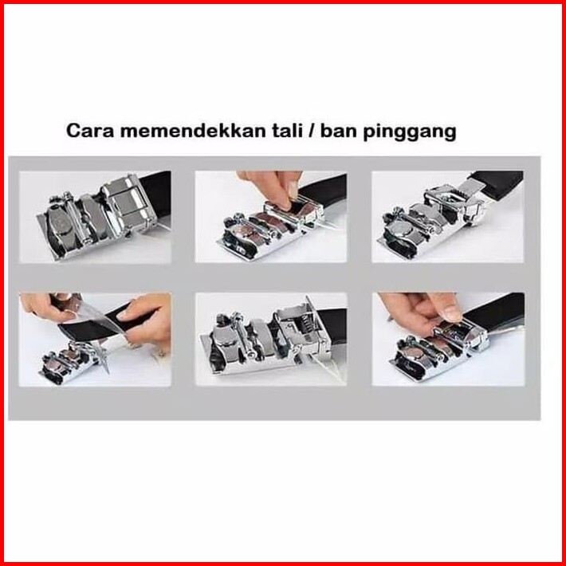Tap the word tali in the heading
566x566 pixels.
pos(287,131)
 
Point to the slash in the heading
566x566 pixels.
pos(311,131)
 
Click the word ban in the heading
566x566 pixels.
pos(339,131)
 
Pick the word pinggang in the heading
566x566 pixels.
pos(409,132)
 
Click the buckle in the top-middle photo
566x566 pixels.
pos(271,230)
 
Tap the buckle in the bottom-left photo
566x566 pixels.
pos(69,362)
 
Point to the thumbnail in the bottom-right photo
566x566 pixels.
pos(451,313)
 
